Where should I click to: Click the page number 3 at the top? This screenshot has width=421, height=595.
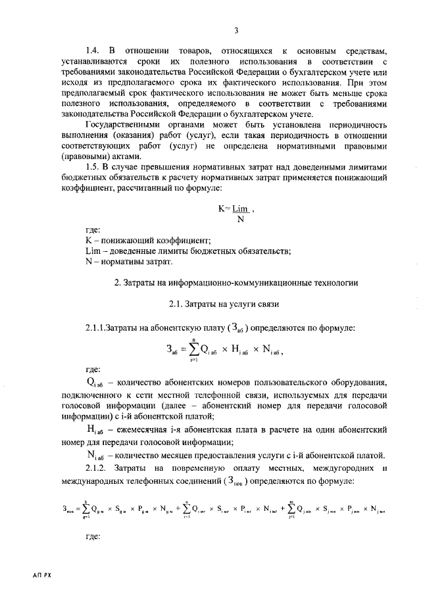pyautogui.click(x=235, y=30)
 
